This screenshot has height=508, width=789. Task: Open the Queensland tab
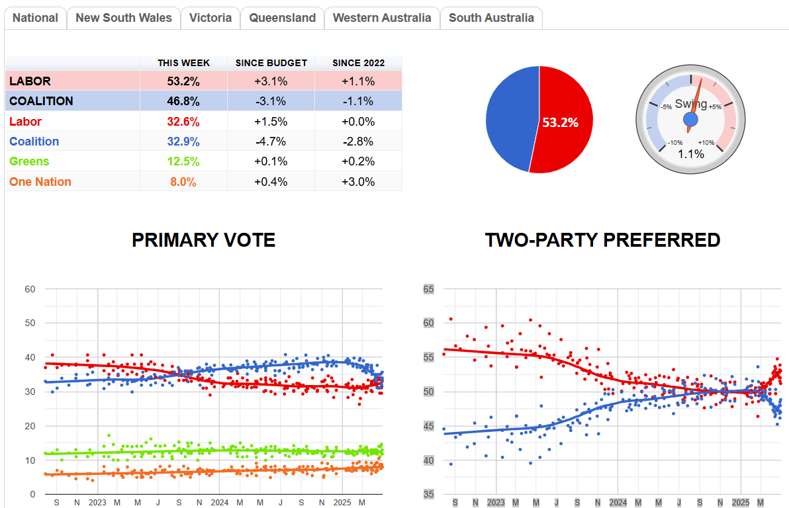click(x=282, y=18)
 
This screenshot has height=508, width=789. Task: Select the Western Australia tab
click(x=382, y=18)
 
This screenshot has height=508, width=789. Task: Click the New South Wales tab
click(x=124, y=18)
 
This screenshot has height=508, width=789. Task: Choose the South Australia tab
click(x=491, y=18)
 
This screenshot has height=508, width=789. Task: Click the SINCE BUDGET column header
click(x=271, y=63)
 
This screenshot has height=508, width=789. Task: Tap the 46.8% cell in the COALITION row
click(x=183, y=101)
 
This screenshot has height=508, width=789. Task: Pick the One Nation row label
click(x=40, y=182)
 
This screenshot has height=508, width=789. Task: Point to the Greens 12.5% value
click(x=183, y=161)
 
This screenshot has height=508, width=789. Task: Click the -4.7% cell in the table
click(x=271, y=142)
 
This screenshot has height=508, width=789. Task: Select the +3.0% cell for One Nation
click(x=358, y=182)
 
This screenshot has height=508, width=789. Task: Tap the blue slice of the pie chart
click(x=510, y=119)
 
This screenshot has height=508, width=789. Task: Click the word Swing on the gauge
click(x=691, y=104)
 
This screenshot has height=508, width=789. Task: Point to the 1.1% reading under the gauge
click(x=690, y=153)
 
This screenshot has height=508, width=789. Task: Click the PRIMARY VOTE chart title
click(x=203, y=239)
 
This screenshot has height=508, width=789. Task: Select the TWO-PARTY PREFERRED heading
click(x=602, y=239)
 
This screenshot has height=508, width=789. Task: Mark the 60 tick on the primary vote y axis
click(x=30, y=289)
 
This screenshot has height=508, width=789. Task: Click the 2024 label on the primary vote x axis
click(x=219, y=503)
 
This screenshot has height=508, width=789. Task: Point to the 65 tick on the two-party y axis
click(x=428, y=289)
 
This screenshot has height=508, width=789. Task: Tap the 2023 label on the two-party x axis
click(x=496, y=503)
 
